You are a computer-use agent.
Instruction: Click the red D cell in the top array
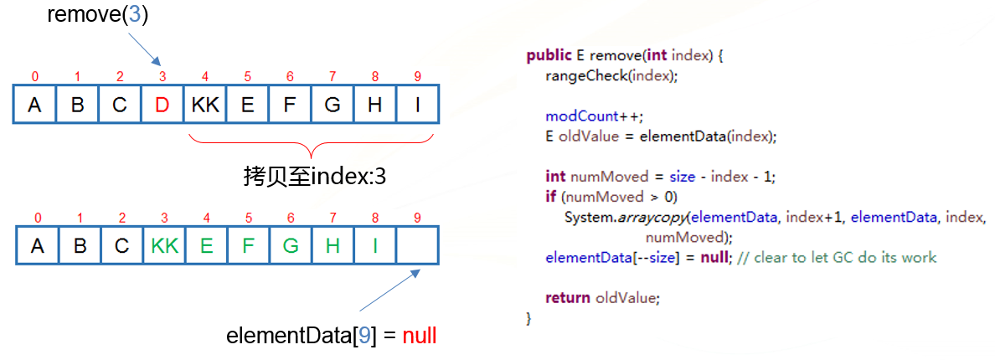(162, 105)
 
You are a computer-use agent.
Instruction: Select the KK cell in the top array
(204, 105)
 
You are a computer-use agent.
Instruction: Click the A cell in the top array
(34, 105)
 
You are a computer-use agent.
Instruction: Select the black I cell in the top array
(418, 105)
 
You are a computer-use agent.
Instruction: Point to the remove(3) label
(98, 14)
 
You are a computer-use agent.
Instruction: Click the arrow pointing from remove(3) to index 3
(144, 49)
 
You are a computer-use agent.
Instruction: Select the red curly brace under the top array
(310, 144)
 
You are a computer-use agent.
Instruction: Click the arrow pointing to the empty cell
(389, 291)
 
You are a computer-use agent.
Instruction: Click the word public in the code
(549, 56)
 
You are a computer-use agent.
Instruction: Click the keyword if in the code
(550, 197)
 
